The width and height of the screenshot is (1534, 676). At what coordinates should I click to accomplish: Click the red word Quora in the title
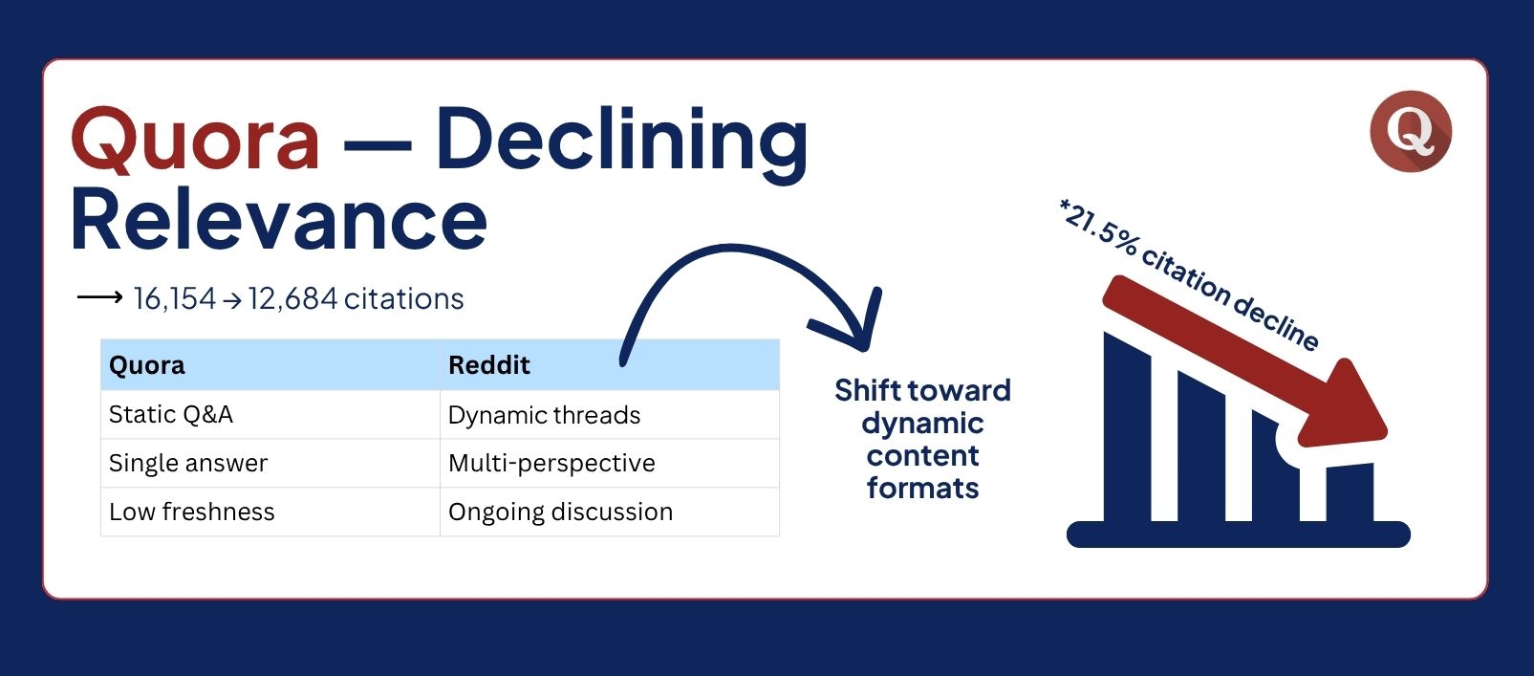click(x=195, y=139)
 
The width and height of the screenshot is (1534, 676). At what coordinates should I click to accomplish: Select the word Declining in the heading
click(x=622, y=144)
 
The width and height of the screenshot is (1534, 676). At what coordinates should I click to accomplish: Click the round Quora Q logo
click(x=1411, y=131)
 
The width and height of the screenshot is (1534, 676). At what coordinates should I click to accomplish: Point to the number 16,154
click(x=175, y=298)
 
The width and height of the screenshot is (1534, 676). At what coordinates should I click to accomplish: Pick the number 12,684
click(x=292, y=298)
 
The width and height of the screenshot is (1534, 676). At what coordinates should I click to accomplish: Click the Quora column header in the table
click(x=146, y=365)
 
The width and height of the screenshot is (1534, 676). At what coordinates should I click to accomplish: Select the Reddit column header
click(x=489, y=365)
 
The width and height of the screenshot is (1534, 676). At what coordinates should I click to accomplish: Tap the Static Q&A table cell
click(x=170, y=414)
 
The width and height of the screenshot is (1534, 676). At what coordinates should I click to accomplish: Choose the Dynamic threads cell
click(x=544, y=415)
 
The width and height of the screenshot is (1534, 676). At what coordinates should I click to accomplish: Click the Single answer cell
click(x=187, y=463)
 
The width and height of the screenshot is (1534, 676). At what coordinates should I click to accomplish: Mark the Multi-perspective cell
click(x=551, y=463)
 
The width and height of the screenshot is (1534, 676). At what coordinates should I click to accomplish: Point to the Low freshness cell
click(x=191, y=512)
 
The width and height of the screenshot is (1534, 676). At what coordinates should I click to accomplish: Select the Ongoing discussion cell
click(x=560, y=512)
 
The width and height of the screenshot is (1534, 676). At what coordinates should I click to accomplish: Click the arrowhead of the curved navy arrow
click(x=853, y=322)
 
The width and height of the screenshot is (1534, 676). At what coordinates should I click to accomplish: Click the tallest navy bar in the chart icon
click(x=1127, y=428)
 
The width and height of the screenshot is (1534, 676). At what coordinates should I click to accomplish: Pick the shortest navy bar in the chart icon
click(x=1350, y=492)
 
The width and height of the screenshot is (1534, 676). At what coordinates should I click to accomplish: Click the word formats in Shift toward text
click(x=922, y=489)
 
